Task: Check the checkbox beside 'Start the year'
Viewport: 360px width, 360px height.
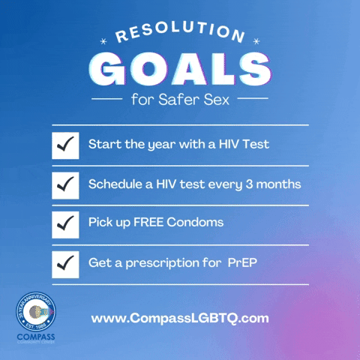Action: (x=65, y=145)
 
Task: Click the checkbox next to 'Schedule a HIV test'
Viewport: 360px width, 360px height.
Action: (x=65, y=184)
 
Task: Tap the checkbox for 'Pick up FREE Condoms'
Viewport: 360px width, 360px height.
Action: (x=65, y=223)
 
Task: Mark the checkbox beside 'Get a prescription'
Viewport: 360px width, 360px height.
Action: (x=65, y=263)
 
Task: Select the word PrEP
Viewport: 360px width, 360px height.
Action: (x=243, y=262)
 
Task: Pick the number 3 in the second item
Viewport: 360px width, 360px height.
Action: (x=249, y=184)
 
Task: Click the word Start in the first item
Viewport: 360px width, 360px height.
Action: (x=103, y=143)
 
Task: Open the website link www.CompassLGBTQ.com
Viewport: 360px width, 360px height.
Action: (x=180, y=318)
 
